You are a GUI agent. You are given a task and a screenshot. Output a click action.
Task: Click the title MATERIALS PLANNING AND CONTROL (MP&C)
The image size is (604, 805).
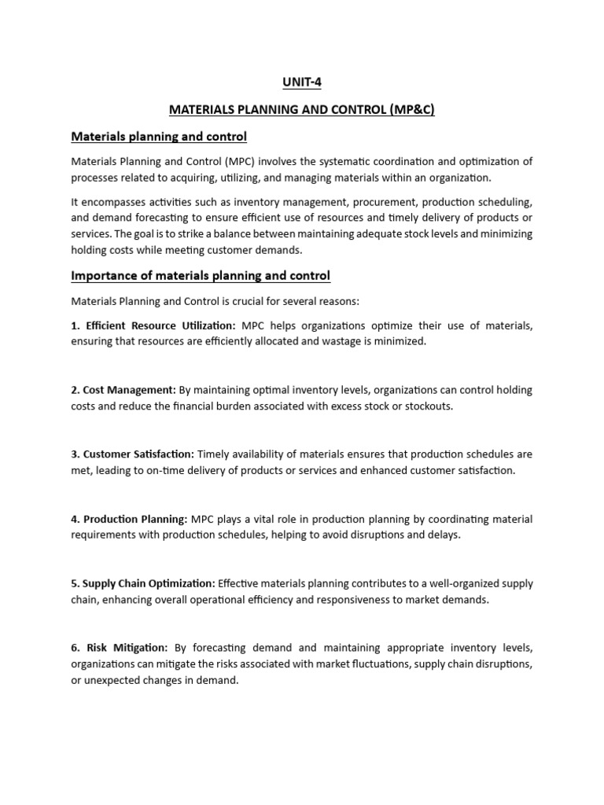pos(302,110)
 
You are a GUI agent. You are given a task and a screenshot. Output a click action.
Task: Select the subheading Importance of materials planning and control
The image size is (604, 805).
pos(201,275)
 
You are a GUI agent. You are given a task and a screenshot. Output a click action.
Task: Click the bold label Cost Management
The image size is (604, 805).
pos(130,391)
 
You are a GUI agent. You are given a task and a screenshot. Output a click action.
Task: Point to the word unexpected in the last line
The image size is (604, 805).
pos(120,681)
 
